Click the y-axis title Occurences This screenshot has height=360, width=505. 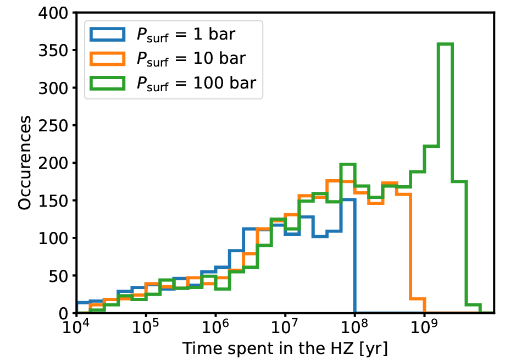click(x=24, y=163)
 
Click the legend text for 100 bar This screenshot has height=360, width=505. click(x=196, y=82)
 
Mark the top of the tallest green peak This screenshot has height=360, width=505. click(x=445, y=45)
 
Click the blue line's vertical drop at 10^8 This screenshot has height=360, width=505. click(x=355, y=256)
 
